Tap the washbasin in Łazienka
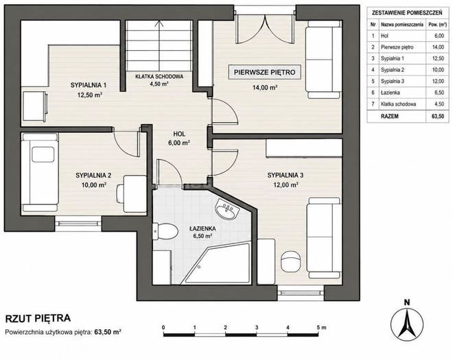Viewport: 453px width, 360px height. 226,208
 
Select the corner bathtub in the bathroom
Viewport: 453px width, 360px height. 217,263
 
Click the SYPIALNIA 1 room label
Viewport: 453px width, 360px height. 89,85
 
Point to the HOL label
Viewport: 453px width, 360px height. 179,134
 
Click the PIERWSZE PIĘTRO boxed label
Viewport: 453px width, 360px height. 265,72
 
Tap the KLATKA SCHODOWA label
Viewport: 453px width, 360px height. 159,77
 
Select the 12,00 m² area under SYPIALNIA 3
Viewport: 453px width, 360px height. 286,184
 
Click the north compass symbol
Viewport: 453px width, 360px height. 407,321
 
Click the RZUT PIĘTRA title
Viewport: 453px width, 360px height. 38,318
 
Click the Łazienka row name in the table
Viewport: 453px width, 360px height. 390,93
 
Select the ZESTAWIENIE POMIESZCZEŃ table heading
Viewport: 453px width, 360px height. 407,13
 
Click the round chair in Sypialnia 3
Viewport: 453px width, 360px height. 291,262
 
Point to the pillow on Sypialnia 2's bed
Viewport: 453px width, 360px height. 43,154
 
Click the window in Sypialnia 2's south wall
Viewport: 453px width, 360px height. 78,224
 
